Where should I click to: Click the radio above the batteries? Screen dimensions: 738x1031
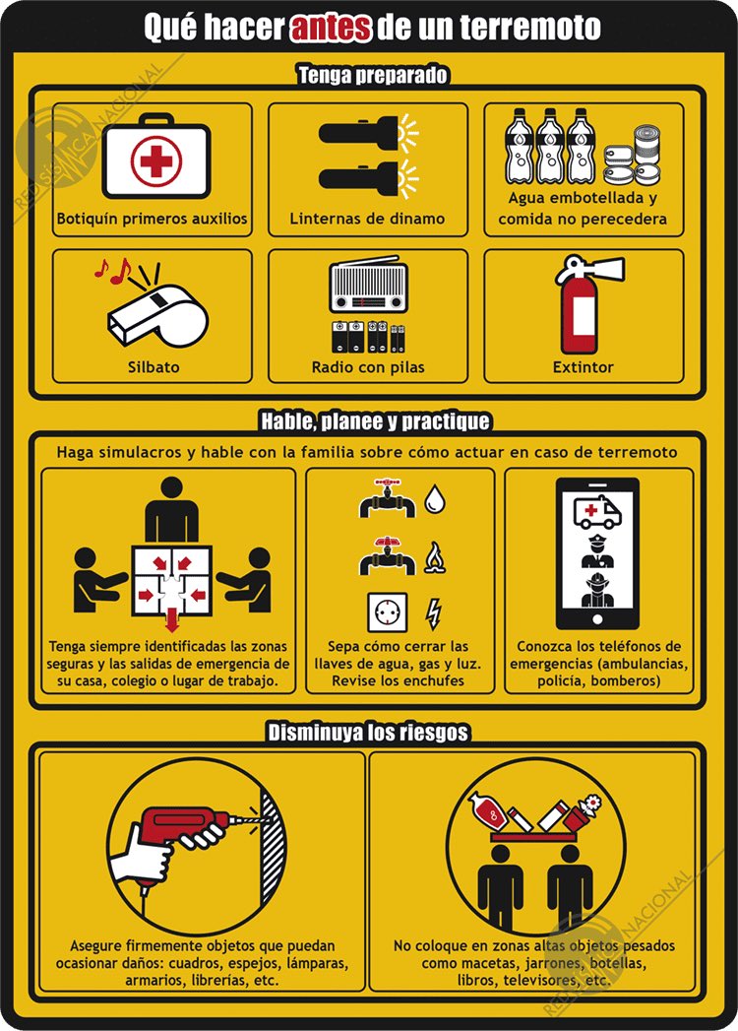369,286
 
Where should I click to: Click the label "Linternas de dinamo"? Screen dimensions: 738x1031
367,219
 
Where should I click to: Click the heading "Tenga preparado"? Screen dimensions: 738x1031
373,75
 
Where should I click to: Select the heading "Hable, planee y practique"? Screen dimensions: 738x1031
375,420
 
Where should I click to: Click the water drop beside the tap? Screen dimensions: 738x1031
434,498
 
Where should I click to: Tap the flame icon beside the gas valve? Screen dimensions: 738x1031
434,557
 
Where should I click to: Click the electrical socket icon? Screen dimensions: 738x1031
387,612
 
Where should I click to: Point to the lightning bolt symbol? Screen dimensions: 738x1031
433,614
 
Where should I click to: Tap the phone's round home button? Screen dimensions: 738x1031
597,619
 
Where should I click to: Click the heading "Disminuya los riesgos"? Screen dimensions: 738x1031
368,733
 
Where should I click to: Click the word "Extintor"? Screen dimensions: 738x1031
583,367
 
